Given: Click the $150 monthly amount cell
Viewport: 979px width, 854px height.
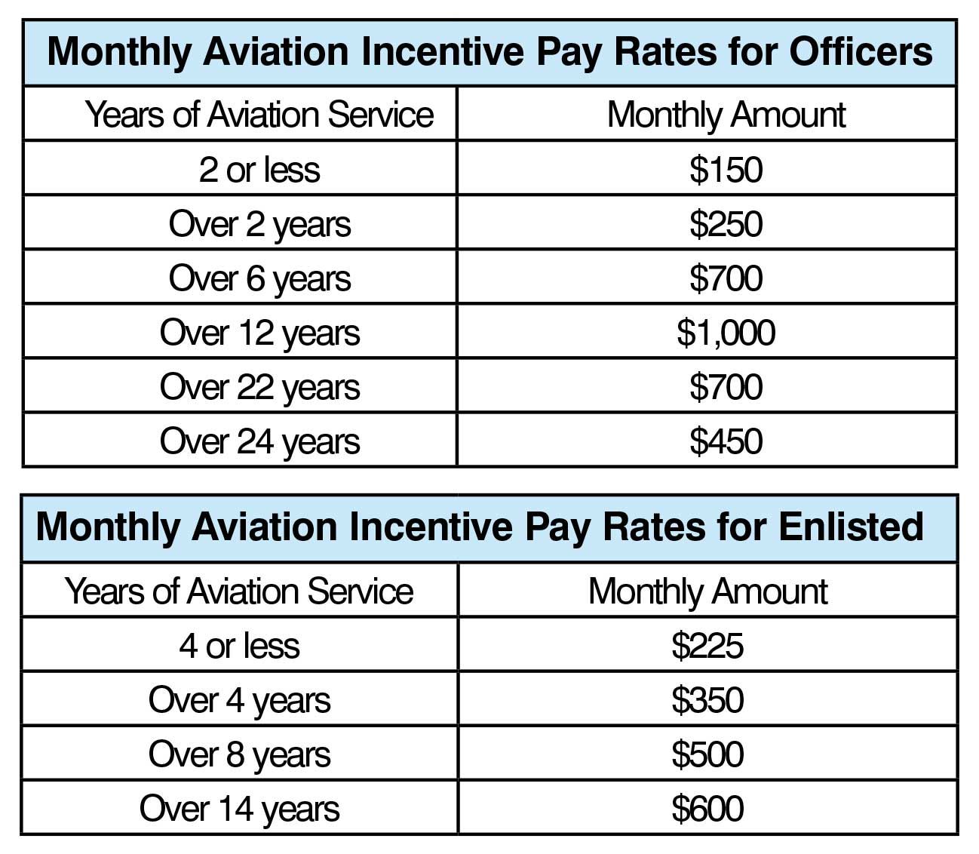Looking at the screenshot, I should (x=726, y=170).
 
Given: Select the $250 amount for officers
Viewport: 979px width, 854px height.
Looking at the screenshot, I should (x=726, y=224).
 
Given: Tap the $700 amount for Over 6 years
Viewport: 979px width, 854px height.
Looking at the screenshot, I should (x=726, y=278).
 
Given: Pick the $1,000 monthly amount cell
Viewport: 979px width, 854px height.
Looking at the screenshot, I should (x=726, y=333).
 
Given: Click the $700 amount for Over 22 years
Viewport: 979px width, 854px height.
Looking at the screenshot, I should (x=726, y=387).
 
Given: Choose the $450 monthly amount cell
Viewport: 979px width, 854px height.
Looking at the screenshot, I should (x=726, y=441).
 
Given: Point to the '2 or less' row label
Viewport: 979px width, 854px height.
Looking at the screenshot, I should (x=259, y=170).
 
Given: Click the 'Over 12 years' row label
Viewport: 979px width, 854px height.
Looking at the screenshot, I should (x=259, y=333).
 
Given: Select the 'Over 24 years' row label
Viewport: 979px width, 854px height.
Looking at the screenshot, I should (x=259, y=441).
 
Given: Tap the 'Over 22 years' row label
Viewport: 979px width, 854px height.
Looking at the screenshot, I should (x=259, y=387).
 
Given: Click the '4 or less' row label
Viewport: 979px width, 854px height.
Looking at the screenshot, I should (x=239, y=646).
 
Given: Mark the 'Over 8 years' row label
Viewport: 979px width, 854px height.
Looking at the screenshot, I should (x=239, y=754).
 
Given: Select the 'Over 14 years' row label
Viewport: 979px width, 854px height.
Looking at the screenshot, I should (x=239, y=809).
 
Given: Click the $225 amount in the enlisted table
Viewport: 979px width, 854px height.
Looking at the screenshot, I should (x=707, y=646).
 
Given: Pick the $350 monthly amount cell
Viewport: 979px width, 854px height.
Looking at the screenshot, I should (x=707, y=700).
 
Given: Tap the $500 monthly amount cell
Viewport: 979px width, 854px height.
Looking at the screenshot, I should (x=707, y=754).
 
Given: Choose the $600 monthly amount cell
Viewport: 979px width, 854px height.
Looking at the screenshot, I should (x=707, y=809).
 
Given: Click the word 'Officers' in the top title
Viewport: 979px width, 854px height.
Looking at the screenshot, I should (x=861, y=52).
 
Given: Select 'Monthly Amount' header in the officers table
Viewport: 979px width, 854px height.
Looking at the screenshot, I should (x=726, y=115).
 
